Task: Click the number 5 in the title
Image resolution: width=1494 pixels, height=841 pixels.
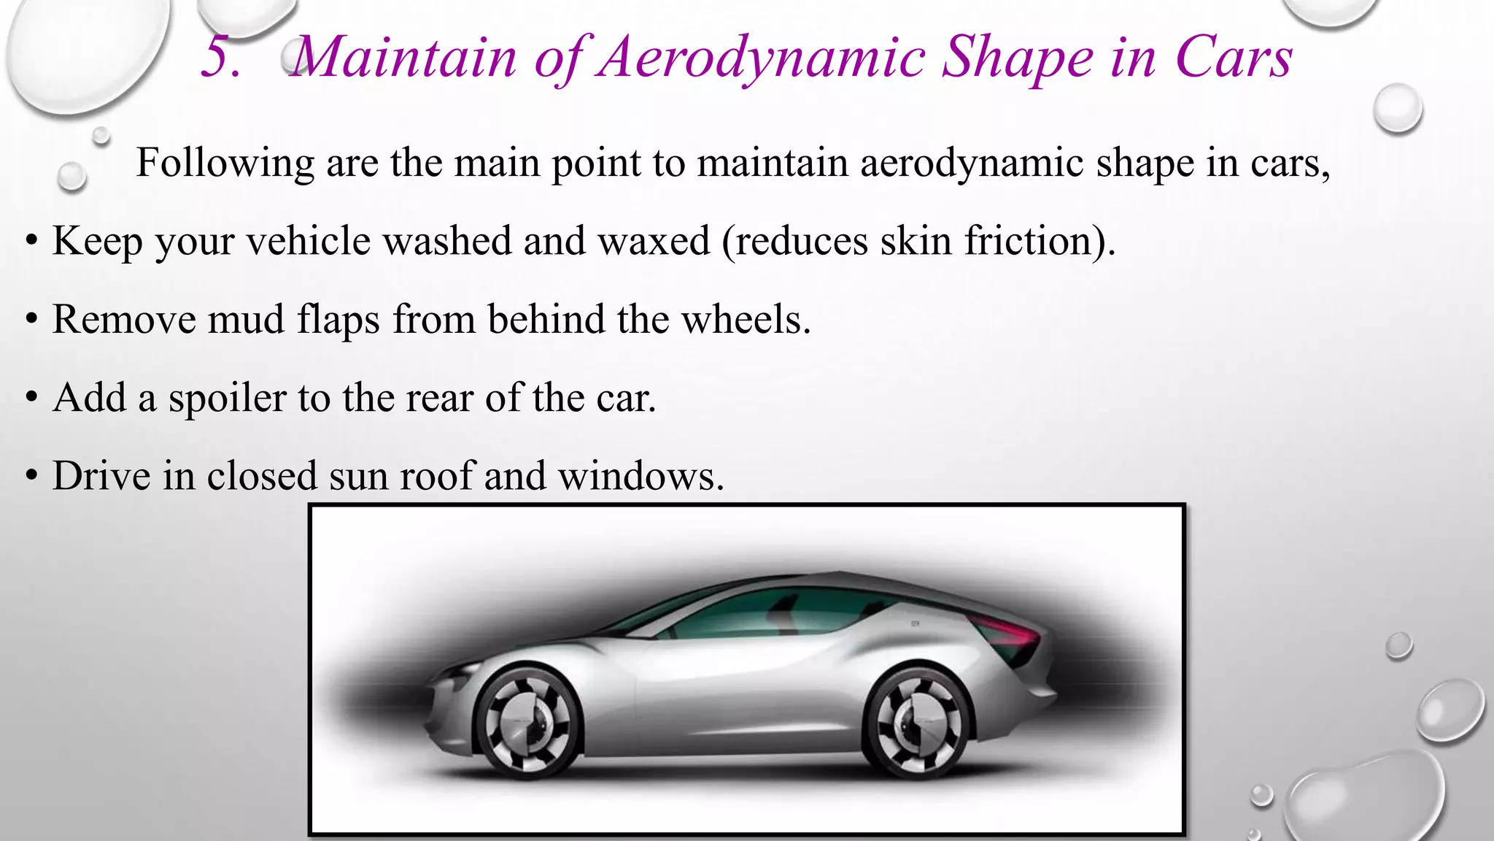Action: tap(220, 57)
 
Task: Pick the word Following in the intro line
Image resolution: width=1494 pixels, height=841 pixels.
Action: tap(225, 164)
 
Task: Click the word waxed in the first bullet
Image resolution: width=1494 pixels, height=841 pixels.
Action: tap(654, 241)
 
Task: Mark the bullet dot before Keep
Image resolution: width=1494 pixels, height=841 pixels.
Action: tap(31, 242)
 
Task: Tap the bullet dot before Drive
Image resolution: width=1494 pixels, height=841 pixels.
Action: tap(31, 477)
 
